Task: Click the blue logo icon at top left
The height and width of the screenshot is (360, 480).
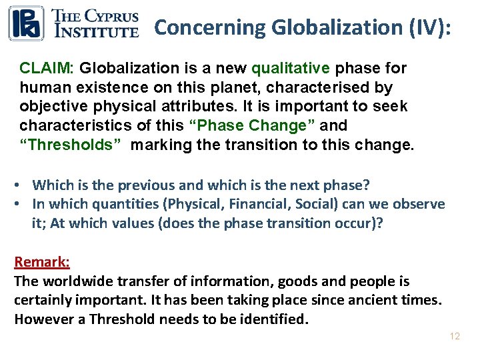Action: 26,23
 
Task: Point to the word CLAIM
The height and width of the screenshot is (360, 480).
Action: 47,68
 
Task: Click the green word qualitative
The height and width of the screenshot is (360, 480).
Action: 290,68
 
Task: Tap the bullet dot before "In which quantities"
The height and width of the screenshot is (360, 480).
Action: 22,204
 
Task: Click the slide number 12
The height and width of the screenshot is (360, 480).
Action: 455,337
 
